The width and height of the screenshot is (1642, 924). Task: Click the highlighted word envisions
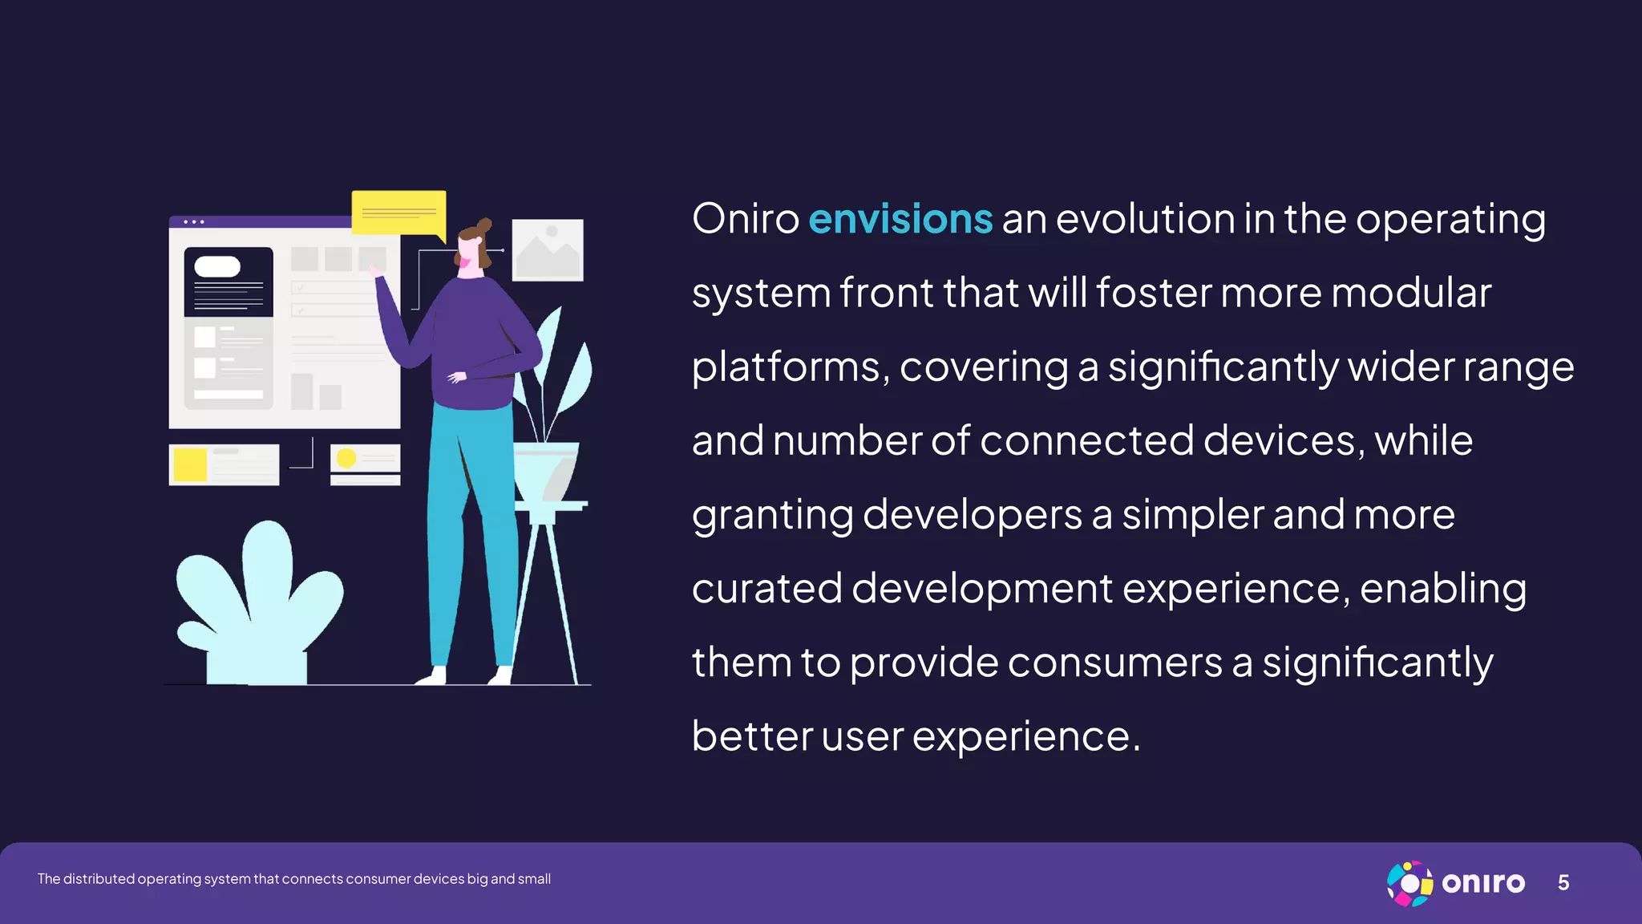point(900,219)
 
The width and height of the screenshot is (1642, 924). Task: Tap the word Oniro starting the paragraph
point(746,219)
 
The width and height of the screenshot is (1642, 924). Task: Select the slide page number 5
point(1563,883)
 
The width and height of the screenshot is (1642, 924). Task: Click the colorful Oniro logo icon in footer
point(1409,883)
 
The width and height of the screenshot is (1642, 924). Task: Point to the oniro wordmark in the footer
point(1483,883)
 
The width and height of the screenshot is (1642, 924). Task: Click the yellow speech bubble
point(398,213)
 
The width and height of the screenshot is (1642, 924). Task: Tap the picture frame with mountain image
point(548,249)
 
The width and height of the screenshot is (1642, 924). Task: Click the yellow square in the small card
point(190,465)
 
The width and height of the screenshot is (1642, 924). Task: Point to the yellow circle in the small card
point(346,458)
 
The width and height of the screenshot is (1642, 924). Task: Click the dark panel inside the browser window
point(229,282)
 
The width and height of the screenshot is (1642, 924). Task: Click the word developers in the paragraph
point(972,514)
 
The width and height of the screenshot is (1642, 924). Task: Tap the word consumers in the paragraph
point(1114,663)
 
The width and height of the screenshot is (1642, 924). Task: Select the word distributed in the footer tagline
point(99,879)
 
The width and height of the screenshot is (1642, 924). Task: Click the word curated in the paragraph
point(766,589)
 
